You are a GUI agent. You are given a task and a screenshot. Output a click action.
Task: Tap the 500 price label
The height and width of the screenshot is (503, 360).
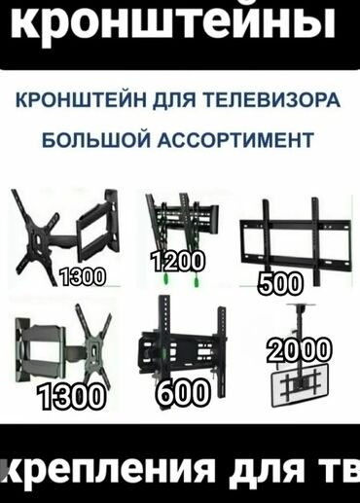tap(281, 283)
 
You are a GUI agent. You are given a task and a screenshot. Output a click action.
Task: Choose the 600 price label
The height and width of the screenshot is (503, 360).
tap(182, 392)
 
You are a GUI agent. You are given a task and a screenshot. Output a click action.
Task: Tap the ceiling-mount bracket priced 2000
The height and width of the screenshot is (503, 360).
tap(299, 384)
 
